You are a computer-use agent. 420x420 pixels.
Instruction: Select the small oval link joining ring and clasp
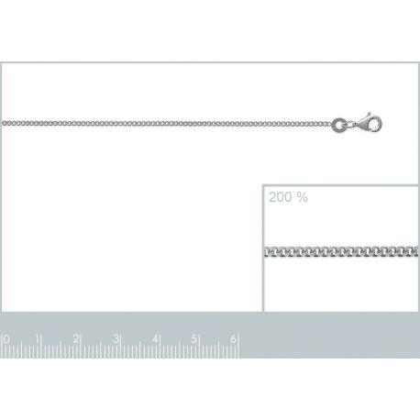click(350, 125)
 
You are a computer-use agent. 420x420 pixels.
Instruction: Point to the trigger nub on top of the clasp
click(369, 115)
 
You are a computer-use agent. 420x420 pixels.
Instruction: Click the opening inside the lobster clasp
click(375, 125)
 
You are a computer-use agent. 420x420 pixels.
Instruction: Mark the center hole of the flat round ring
click(339, 126)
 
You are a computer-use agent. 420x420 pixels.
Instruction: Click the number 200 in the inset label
click(281, 197)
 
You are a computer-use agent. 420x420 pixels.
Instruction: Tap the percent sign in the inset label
click(302, 197)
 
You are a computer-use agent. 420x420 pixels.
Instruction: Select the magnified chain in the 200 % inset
click(341, 251)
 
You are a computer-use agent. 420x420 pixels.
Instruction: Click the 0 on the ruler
click(6, 339)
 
